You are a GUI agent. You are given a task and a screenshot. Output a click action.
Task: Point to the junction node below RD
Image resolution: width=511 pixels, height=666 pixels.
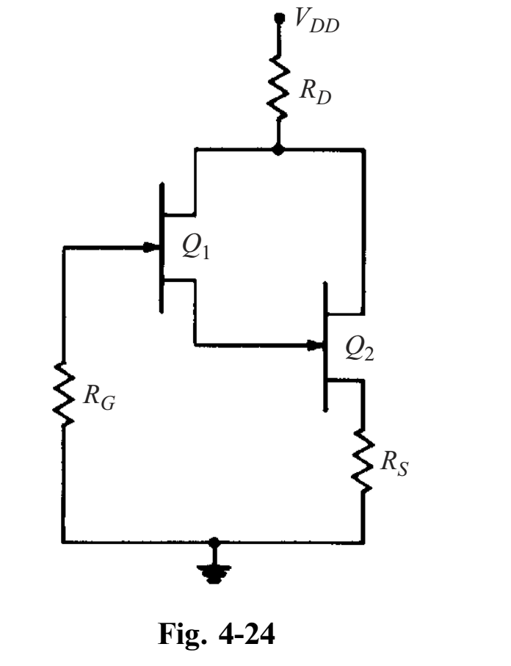pos(278,150)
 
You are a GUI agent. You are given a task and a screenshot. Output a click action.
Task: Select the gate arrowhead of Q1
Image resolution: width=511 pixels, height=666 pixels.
pos(151,247)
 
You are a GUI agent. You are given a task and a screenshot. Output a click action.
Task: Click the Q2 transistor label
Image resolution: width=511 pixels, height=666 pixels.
pos(360,350)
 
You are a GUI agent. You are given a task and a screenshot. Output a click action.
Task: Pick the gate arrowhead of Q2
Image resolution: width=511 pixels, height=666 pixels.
pos(316,344)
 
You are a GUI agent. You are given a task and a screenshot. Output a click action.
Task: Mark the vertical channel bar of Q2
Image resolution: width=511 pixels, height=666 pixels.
pos(324,346)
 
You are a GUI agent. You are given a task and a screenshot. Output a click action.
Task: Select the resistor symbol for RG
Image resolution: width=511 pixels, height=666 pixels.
pos(65,397)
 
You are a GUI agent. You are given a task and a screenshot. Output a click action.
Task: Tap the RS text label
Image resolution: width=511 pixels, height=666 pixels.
pos(397,464)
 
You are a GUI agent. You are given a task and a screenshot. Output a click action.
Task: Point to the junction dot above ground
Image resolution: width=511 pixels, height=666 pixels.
pos(214,543)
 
